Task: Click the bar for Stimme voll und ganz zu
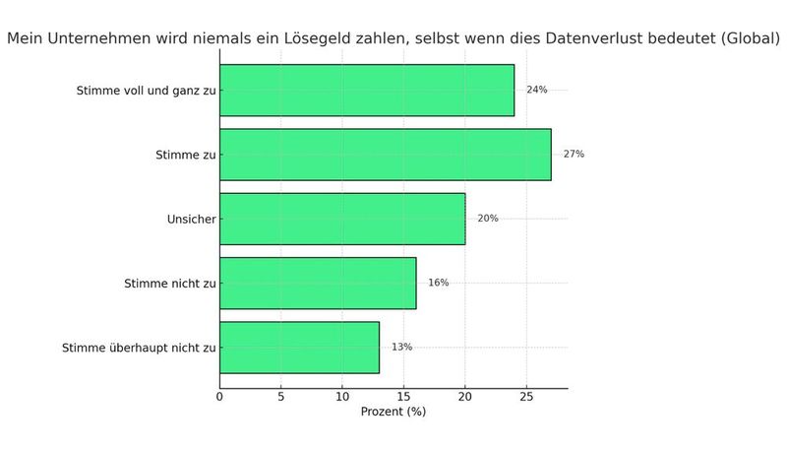click(366, 91)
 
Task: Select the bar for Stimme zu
click(385, 155)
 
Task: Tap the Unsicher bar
click(341, 219)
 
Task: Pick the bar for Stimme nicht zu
click(317, 283)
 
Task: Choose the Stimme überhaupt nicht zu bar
click(299, 347)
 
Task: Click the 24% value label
click(536, 90)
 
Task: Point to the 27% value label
click(574, 155)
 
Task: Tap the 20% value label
click(487, 219)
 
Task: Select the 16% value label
click(438, 283)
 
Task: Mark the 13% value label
click(401, 347)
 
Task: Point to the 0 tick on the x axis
click(219, 398)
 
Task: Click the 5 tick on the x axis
click(280, 398)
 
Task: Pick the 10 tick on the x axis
click(341, 398)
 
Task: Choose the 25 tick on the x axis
click(526, 398)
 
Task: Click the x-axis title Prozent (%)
click(393, 413)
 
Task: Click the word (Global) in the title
click(747, 40)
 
